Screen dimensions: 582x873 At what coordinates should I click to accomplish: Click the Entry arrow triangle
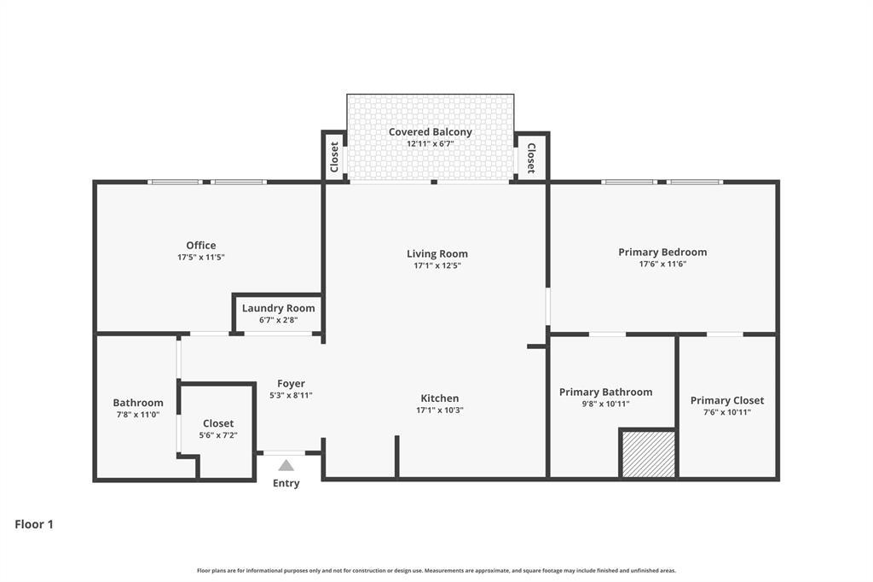286,465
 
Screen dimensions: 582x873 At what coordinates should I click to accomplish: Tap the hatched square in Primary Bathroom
648,454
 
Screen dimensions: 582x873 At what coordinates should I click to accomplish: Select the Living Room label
436,253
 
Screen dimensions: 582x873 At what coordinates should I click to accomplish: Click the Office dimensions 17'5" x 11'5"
201,257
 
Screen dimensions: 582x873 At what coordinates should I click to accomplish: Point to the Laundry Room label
278,308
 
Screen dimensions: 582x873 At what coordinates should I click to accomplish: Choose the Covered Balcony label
430,132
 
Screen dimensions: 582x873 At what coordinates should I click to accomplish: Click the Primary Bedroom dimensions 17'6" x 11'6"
662,265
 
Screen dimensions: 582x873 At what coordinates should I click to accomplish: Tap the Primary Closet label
726,400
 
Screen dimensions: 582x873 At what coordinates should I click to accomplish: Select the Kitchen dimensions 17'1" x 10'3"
439,410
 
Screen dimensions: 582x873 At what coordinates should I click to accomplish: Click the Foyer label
291,384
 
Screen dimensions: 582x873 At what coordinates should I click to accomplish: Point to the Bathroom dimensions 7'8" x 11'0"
138,415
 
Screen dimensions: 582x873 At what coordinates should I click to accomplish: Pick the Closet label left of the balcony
334,156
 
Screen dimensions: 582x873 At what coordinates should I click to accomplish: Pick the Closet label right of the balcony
530,158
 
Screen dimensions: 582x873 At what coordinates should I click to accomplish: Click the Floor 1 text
34,525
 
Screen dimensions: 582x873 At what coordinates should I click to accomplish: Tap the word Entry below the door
286,484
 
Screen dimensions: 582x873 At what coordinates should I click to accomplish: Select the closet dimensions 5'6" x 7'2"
218,435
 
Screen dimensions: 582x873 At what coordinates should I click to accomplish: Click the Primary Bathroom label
605,393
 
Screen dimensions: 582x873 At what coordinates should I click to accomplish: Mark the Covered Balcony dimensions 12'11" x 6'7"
430,144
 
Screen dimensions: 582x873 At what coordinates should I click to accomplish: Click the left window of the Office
175,182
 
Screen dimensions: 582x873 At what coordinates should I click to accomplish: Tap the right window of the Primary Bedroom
695,182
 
